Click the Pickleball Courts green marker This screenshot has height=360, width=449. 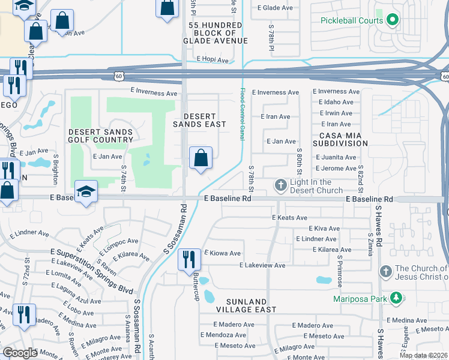393,20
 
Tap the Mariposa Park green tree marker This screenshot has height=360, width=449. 395,298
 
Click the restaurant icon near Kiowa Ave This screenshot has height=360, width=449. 189,259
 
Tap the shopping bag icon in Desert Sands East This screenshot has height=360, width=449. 201,158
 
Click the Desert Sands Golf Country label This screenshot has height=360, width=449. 100,136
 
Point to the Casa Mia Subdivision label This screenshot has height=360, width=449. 343,139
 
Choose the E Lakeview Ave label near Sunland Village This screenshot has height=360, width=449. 262,265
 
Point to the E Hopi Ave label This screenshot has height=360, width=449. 212,61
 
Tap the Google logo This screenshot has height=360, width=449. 20,353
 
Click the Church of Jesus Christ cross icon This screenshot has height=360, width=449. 386,272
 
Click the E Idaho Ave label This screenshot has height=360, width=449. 335,103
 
